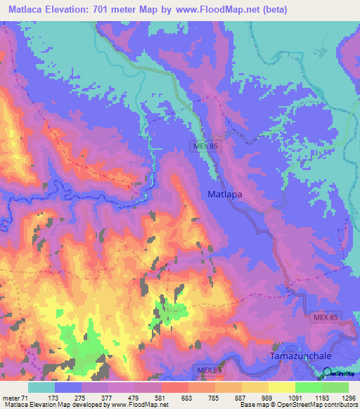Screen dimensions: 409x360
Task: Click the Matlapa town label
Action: click(225, 193)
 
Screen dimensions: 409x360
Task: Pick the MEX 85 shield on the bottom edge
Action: click(208, 370)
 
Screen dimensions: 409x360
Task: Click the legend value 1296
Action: click(347, 397)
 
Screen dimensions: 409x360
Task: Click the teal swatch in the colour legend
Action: click(41, 387)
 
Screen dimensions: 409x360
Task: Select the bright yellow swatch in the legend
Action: click(281, 387)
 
